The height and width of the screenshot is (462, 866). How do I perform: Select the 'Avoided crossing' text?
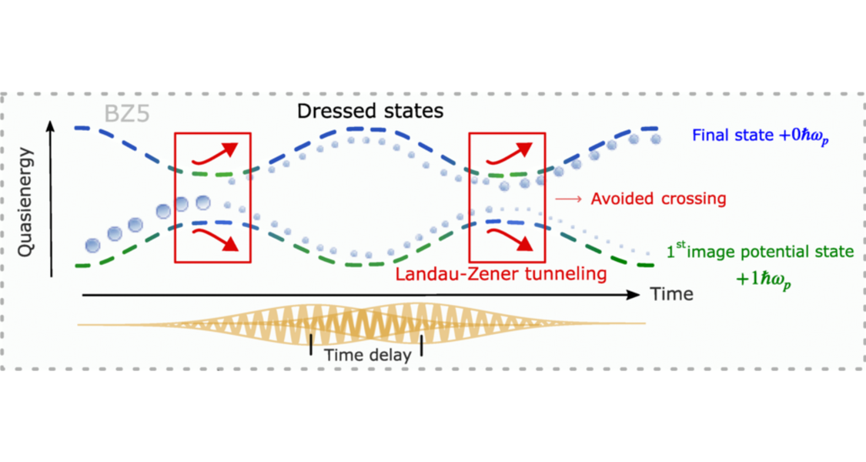(x=658, y=199)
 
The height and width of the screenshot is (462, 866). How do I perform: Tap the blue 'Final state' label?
(x=761, y=136)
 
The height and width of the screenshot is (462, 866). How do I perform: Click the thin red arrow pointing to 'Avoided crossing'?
(x=568, y=199)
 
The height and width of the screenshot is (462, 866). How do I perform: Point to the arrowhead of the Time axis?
(x=634, y=294)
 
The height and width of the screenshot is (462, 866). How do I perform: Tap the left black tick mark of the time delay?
(x=311, y=346)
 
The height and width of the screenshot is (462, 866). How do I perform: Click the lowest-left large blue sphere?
(x=92, y=246)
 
